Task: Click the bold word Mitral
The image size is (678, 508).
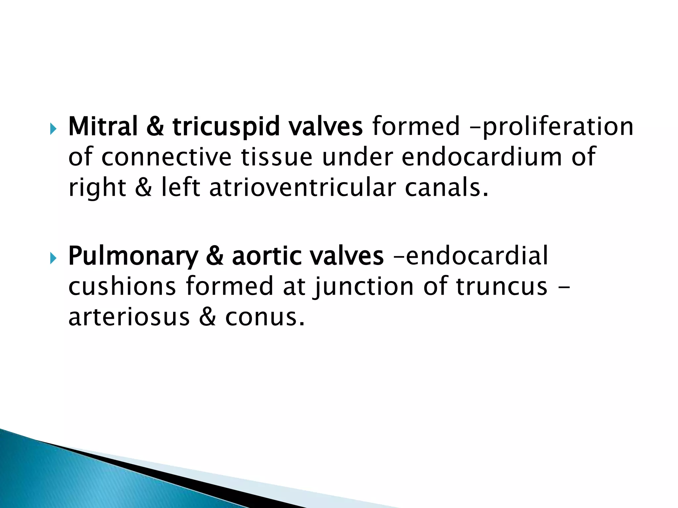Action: (103, 126)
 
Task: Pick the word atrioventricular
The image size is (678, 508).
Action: (302, 188)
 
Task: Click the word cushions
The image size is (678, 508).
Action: (122, 286)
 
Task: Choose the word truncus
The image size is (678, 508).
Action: (501, 286)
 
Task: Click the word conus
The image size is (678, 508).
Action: (264, 317)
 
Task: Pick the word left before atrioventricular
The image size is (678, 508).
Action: (180, 188)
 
